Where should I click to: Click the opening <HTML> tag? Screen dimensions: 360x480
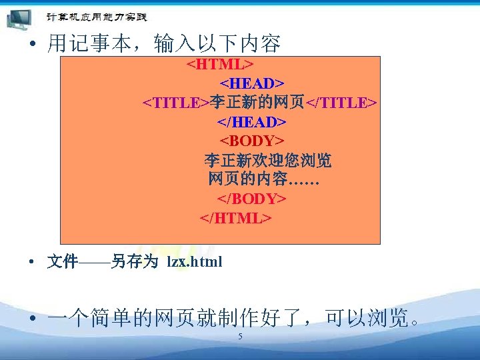tap(219, 64)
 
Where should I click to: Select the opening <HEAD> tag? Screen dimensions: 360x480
tap(252, 83)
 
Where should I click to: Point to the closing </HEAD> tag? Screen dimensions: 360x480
tap(251, 122)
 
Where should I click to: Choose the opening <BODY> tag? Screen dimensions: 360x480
tap(252, 141)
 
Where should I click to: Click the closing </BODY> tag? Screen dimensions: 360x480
tap(251, 199)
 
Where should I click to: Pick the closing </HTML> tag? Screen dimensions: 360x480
tap(235, 219)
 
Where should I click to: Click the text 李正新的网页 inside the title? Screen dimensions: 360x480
tap(257, 103)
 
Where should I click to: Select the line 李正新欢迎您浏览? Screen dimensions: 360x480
tap(267, 161)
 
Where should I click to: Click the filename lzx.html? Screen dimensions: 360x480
tap(194, 262)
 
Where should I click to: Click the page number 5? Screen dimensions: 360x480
tap(240, 337)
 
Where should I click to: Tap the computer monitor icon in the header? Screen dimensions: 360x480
tap(21, 18)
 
